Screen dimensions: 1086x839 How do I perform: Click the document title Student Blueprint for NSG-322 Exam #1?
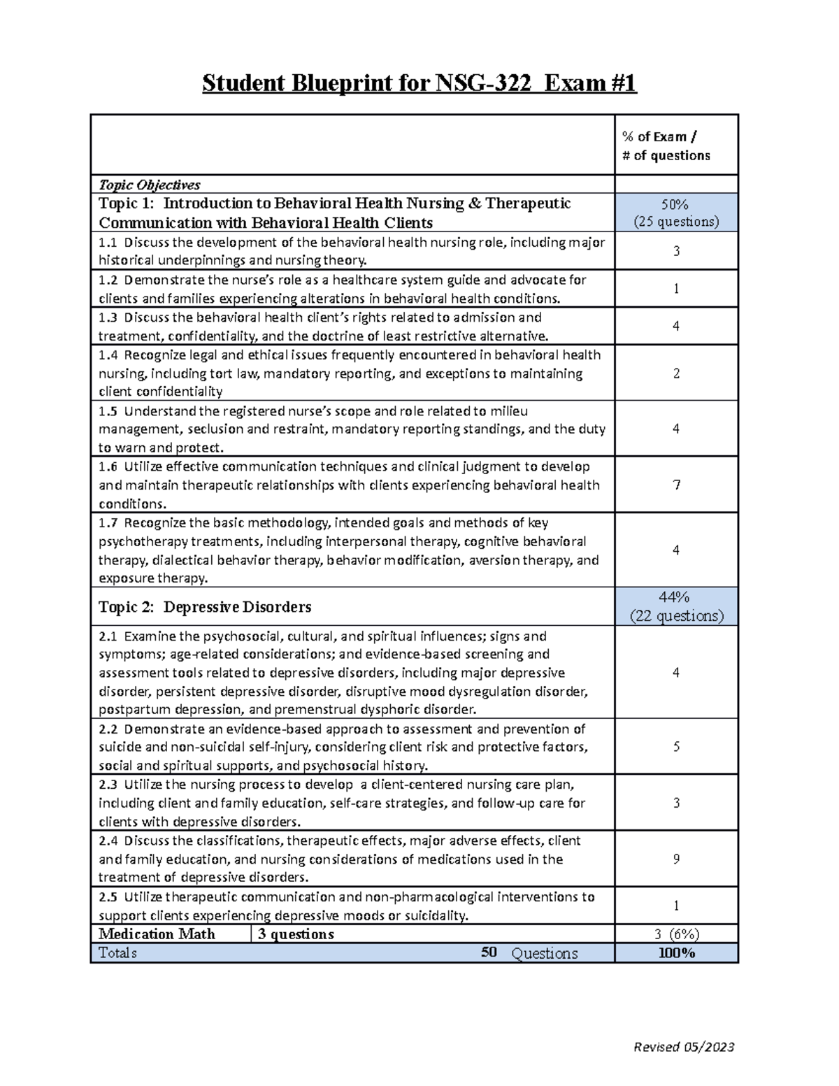coord(419,84)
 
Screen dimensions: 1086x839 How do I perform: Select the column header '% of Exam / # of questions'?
coord(666,146)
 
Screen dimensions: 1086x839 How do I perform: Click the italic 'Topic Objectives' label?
coord(149,185)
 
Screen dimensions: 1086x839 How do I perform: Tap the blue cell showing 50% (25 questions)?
coord(675,213)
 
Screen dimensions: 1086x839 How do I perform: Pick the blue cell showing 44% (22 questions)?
coord(675,606)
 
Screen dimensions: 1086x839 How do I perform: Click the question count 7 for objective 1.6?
coord(676,485)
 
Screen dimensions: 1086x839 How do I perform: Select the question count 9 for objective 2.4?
coord(676,859)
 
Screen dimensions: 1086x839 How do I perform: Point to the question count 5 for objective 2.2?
coord(676,747)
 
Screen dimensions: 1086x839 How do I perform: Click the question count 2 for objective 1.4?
coord(676,373)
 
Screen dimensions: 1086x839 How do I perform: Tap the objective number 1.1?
coord(108,243)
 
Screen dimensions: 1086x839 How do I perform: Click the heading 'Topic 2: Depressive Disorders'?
coord(205,607)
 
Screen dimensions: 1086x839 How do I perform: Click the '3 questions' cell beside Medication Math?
coord(296,934)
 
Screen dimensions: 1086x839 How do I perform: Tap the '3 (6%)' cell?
coord(676,934)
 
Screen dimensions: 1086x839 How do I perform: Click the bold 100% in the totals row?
coord(676,953)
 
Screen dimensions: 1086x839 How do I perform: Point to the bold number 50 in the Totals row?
coord(489,952)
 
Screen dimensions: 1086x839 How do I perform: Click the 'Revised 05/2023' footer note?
coord(683,1047)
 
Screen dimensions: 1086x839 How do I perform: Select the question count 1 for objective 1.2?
coord(676,289)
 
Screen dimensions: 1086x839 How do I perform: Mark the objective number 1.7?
coord(108,523)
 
